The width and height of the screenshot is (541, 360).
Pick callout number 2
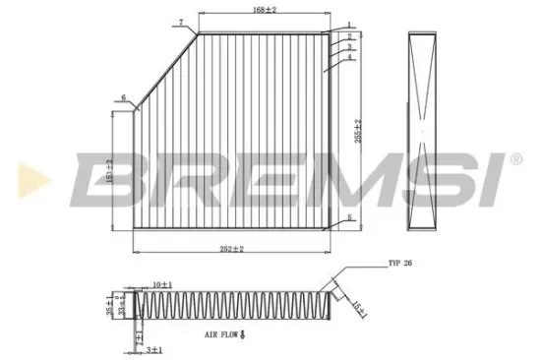348,36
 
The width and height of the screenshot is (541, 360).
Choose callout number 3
349,46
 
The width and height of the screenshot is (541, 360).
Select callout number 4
349,58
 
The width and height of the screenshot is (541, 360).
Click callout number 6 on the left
124,96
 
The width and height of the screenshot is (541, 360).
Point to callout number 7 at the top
181,21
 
